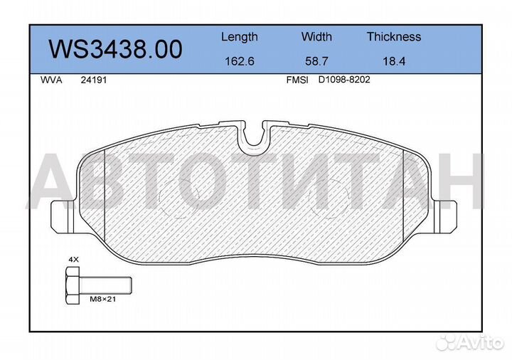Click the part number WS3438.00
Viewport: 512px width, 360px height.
(114, 49)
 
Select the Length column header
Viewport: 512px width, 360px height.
(239, 37)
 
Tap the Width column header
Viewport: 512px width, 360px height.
(316, 37)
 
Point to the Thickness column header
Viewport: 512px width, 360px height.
(393, 37)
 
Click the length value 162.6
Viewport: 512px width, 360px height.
(239, 61)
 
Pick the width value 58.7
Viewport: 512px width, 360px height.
(316, 61)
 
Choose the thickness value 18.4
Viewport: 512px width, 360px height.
(393, 61)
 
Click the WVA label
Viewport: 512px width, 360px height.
(52, 80)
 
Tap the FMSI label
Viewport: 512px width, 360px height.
(297, 80)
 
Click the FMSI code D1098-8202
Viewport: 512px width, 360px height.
(344, 80)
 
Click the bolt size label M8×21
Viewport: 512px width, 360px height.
(102, 300)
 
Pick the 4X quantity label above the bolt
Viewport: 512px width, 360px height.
(73, 261)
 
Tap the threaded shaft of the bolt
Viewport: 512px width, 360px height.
(107, 285)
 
